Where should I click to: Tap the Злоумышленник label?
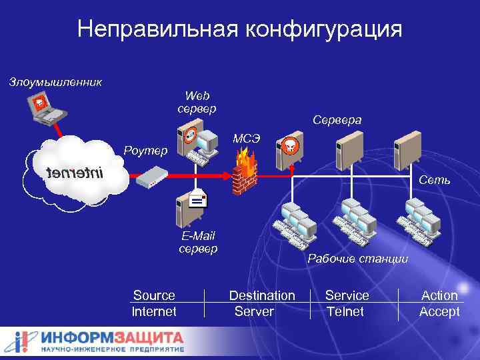point(55,83)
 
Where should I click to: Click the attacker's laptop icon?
point(44,109)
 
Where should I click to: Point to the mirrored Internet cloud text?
point(75,174)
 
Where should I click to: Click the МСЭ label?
point(246,138)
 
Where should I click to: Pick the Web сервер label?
point(197,102)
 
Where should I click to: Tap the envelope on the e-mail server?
point(197,199)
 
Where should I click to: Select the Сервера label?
point(337,120)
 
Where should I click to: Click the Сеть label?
point(435,181)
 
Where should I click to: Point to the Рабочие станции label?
point(357,259)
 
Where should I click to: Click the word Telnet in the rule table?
point(345,311)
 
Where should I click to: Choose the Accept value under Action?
point(439,311)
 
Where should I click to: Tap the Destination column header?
point(262,295)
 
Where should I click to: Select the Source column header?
point(154,295)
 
